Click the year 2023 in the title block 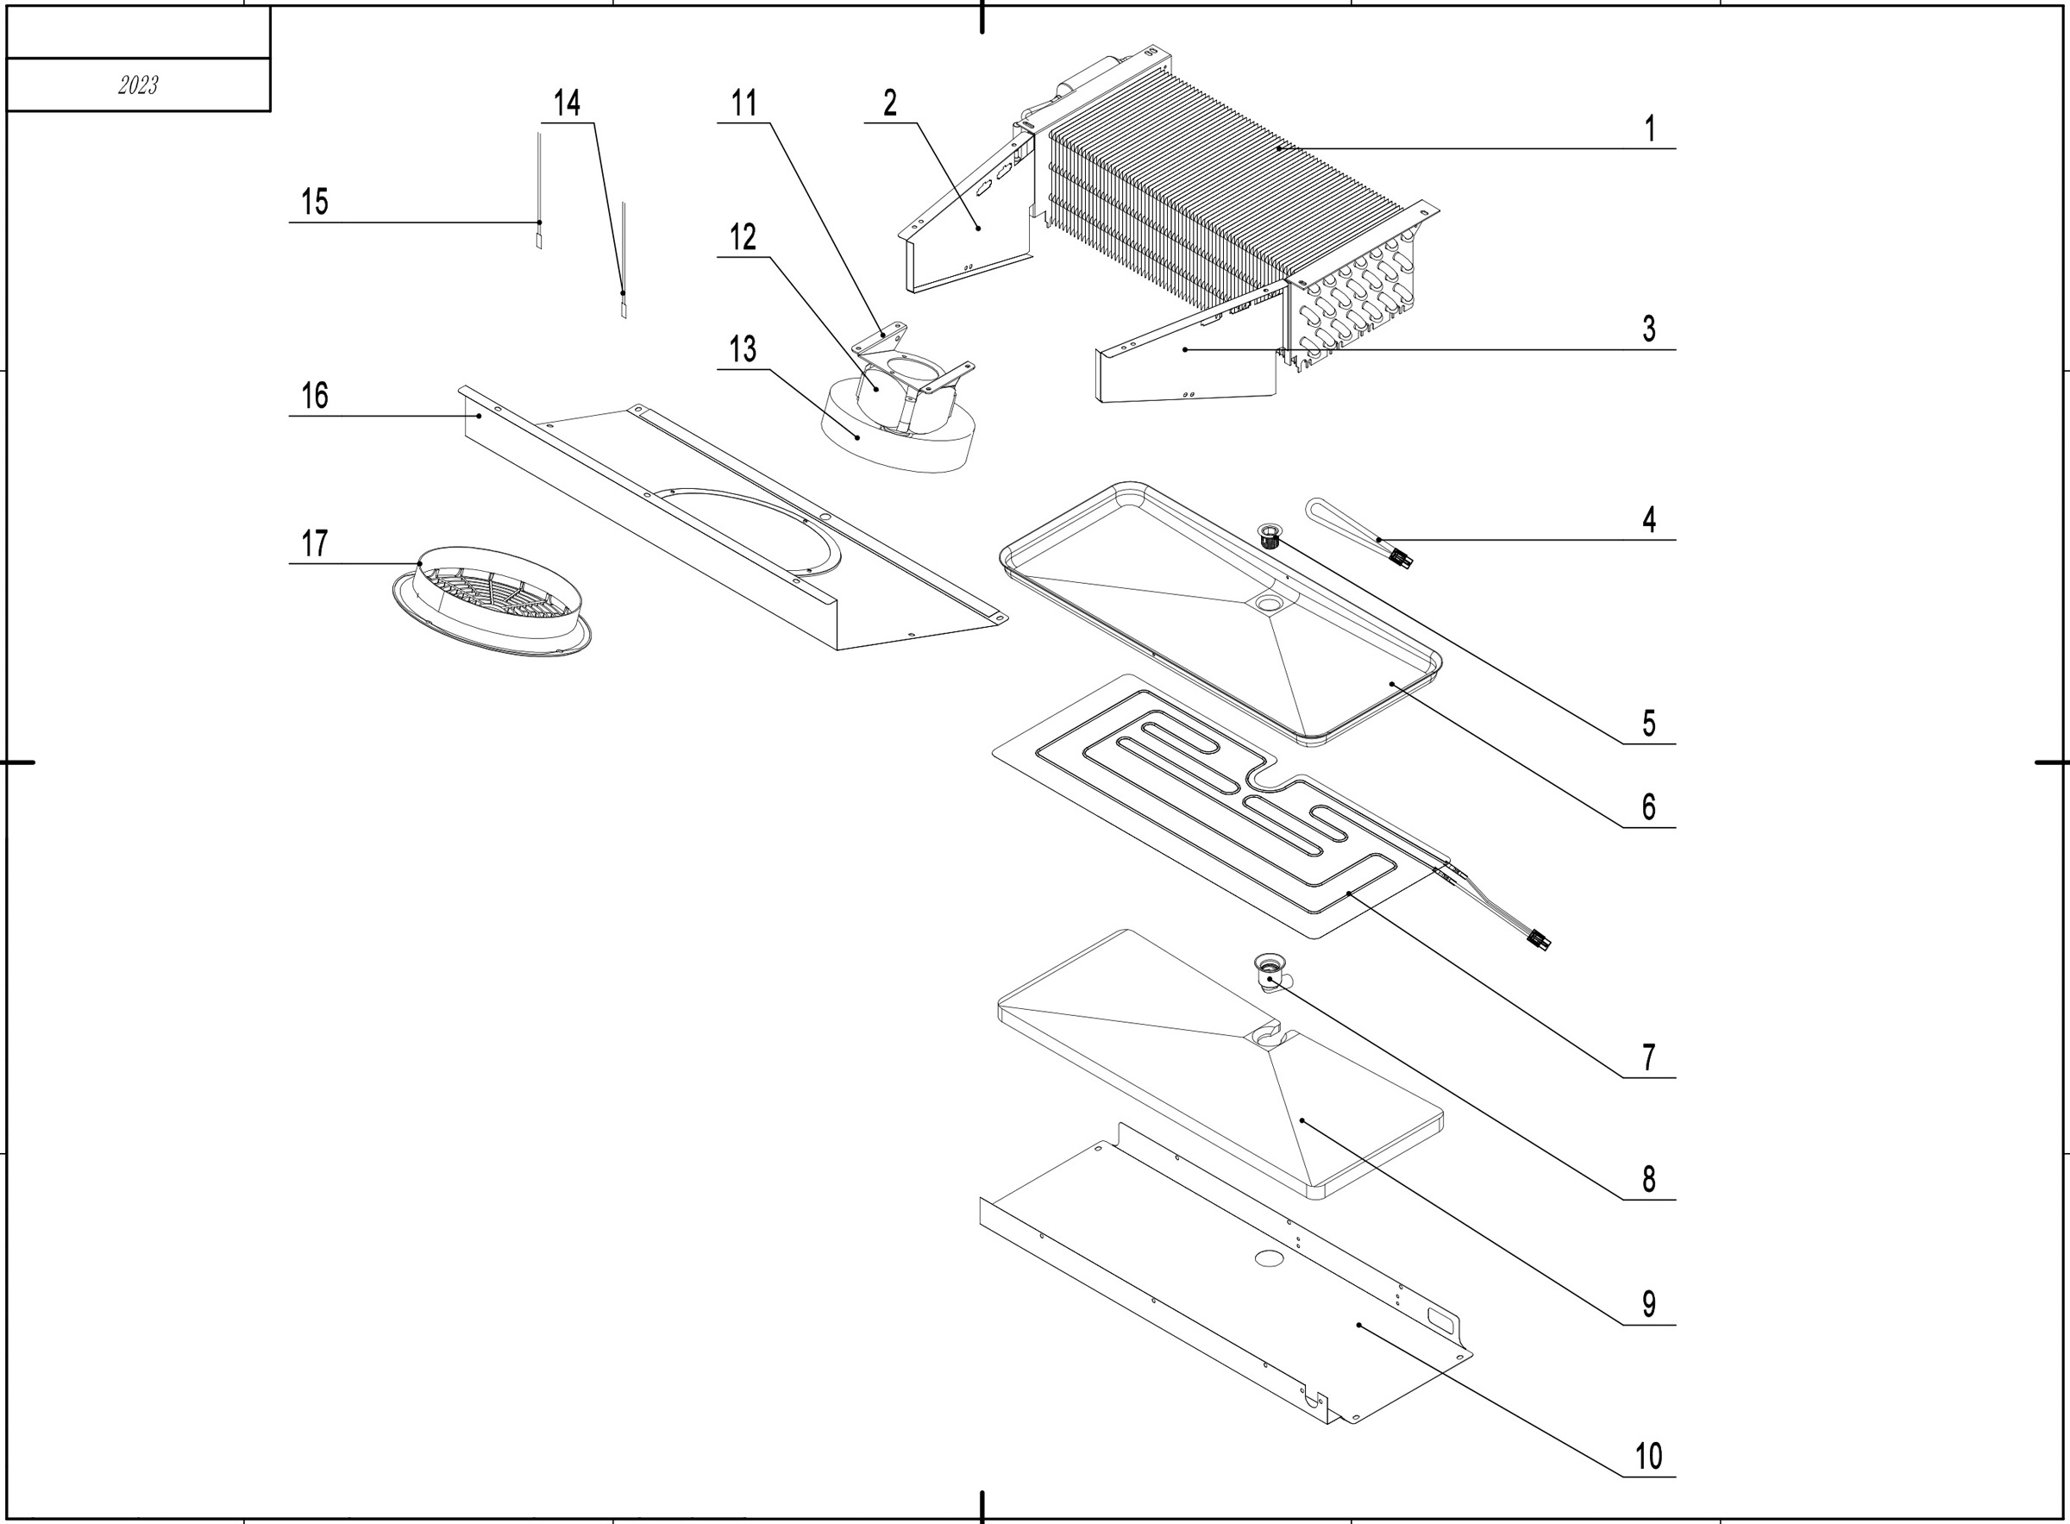click(138, 85)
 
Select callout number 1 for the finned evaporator click(1650, 129)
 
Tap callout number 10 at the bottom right click(1648, 1457)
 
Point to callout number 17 click(315, 543)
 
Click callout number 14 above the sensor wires click(567, 103)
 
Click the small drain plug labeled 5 click(1271, 533)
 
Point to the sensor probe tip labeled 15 click(540, 241)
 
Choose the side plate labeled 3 click(1185, 364)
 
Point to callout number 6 click(1648, 807)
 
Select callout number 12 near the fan click(743, 238)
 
